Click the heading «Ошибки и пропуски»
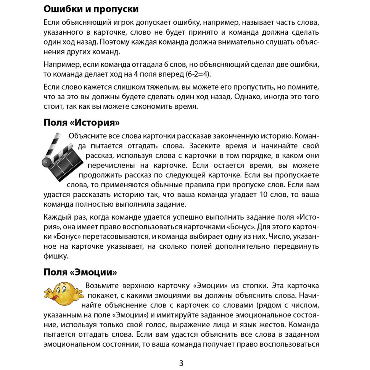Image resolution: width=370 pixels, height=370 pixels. [x=91, y=9]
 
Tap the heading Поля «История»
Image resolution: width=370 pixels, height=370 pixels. [x=82, y=122]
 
